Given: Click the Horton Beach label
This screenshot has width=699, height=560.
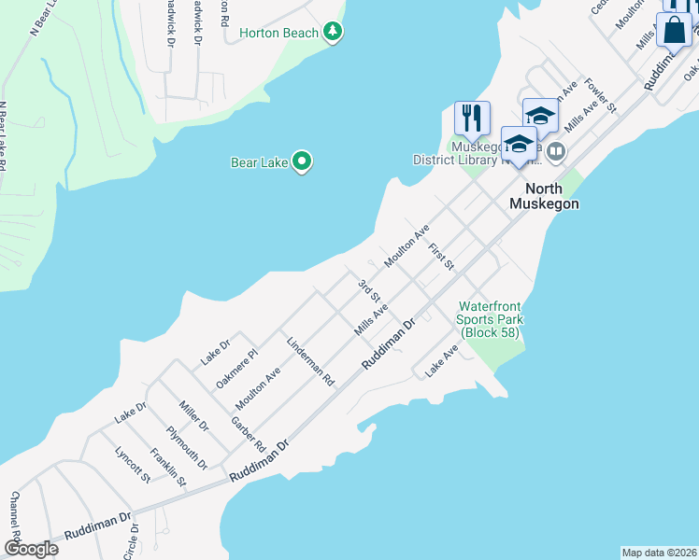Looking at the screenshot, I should (278, 33).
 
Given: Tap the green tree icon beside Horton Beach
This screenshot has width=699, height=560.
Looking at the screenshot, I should (333, 33).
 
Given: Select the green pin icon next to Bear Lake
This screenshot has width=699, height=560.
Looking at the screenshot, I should (301, 162).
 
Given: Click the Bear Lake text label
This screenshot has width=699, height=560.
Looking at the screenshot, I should (259, 162).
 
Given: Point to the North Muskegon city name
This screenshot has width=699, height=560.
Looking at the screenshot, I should (544, 196).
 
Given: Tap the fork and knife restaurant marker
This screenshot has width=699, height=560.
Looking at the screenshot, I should (472, 119).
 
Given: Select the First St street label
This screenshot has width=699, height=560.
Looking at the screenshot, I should (441, 259).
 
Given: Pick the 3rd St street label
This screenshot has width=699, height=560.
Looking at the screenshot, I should (369, 288).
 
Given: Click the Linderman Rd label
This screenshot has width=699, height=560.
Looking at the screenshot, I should (311, 362).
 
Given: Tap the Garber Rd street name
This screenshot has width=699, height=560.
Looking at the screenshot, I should (249, 431).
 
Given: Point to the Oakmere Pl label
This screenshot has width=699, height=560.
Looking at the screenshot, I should (236, 369).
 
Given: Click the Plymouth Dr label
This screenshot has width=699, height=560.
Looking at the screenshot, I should (187, 446).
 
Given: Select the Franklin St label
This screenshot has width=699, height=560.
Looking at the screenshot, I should (170, 469).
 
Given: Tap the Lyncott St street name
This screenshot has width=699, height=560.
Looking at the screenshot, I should (132, 463).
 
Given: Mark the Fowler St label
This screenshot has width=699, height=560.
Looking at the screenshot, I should (600, 94).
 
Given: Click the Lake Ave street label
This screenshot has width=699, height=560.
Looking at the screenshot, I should (442, 361).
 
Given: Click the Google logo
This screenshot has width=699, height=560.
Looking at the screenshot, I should (32, 548).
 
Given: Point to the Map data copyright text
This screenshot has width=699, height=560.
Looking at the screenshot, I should (659, 552).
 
